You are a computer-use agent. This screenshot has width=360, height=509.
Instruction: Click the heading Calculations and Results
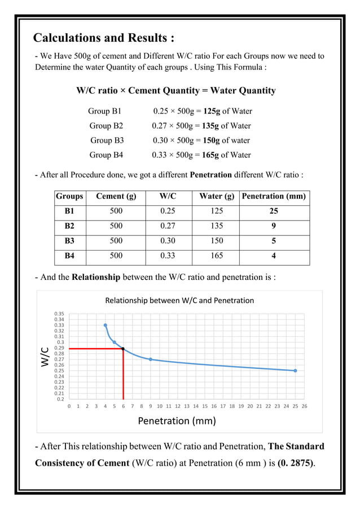coord(104,38)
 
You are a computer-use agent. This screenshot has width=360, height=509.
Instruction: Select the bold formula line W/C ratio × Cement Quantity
coord(176,90)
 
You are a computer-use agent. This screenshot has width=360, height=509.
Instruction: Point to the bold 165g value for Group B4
coord(210,155)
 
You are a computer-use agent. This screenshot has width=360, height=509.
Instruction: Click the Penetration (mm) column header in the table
coord(274,197)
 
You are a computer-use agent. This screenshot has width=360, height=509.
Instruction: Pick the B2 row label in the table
coord(69,226)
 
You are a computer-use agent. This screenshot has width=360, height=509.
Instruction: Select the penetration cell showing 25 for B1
coord(274,212)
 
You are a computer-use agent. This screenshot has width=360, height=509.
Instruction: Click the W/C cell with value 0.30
coord(168,241)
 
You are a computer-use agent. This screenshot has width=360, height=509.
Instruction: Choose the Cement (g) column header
coord(116,197)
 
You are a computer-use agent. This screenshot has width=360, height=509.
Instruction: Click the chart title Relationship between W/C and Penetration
coord(179,301)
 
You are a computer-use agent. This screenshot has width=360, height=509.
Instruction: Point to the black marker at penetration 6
coord(123,349)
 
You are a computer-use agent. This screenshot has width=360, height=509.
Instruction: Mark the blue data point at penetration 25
coord(295,371)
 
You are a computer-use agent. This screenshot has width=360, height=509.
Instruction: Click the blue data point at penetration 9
coord(150,359)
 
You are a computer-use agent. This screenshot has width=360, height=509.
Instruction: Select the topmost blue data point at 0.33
coord(105,325)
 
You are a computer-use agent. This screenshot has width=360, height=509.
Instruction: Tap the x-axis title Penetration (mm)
coord(177,420)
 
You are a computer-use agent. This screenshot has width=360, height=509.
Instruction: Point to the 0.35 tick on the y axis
coord(59,313)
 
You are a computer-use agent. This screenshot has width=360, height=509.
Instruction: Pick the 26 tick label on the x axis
coord(305,406)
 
